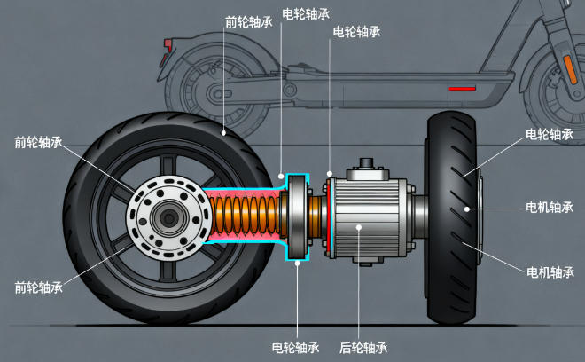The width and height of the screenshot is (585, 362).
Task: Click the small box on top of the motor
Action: click(367, 167)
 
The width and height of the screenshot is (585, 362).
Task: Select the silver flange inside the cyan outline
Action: click(299, 216)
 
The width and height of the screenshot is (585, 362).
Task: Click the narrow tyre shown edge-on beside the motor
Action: click(454, 217)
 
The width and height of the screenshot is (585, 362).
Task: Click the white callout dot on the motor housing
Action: click(358, 227)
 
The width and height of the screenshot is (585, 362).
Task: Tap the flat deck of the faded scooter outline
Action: click(372, 82)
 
